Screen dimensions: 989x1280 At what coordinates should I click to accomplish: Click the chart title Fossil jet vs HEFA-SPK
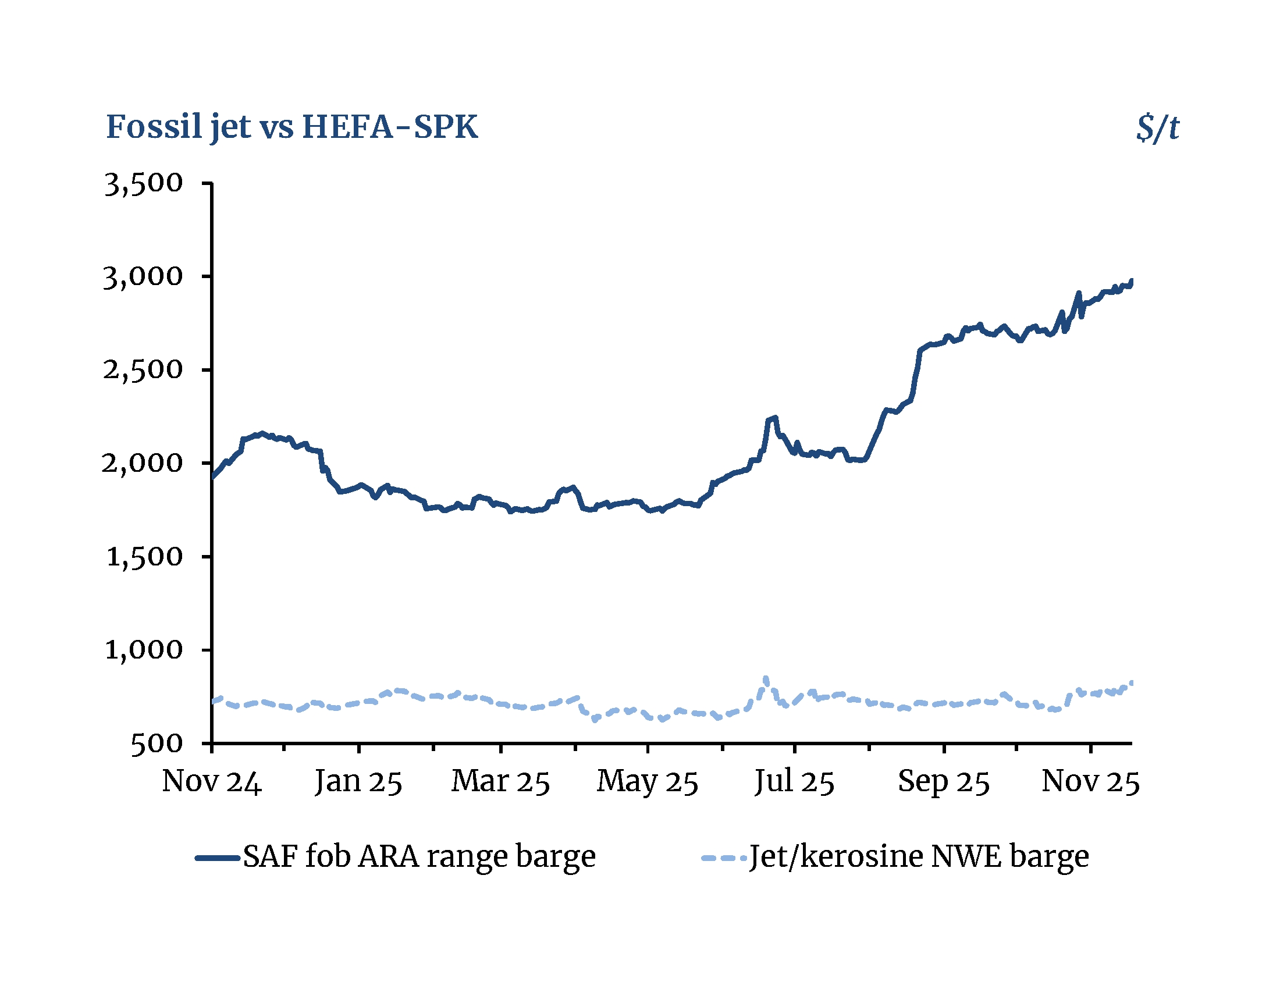coord(292,127)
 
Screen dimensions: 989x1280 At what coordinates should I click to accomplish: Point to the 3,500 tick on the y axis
coord(144,183)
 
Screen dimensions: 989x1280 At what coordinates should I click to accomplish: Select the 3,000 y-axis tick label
coord(143,276)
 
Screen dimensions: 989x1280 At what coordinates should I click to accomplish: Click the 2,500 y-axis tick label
coord(143,369)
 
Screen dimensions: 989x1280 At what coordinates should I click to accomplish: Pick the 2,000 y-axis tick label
coord(143,463)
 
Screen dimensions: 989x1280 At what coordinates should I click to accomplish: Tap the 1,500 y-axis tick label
coord(144,557)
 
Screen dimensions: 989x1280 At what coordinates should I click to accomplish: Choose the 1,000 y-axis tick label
coord(144,650)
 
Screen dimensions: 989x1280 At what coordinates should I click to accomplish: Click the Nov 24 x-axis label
coord(212,781)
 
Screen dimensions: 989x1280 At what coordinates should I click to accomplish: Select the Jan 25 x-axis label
coord(358,781)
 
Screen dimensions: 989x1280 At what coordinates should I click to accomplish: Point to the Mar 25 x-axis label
coord(500,781)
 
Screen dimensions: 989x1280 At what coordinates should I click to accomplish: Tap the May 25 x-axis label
coord(648,781)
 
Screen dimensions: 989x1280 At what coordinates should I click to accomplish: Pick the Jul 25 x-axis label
coord(794,781)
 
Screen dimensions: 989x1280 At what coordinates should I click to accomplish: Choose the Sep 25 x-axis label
coord(944,781)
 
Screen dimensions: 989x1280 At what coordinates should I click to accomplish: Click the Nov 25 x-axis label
coord(1091,781)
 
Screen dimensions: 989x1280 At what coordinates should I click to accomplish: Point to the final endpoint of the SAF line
coord(1132,280)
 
